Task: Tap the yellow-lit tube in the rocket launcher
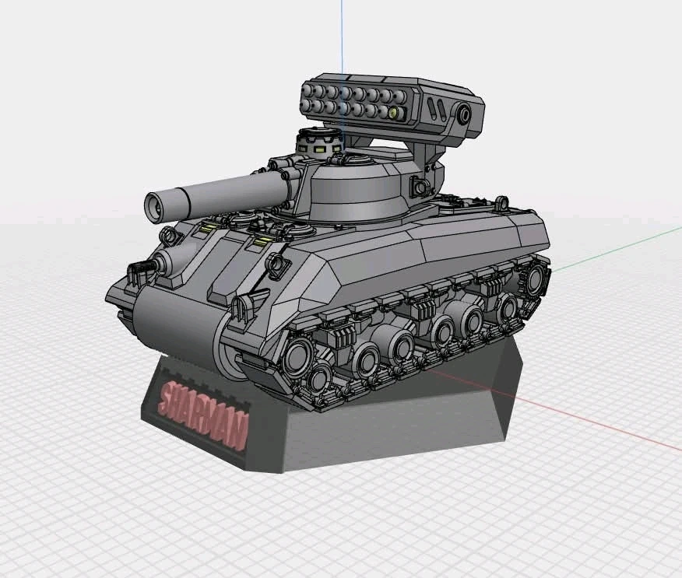tap(393, 113)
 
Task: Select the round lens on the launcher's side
tap(464, 115)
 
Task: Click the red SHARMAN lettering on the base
tap(203, 414)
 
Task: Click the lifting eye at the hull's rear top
tap(501, 202)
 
